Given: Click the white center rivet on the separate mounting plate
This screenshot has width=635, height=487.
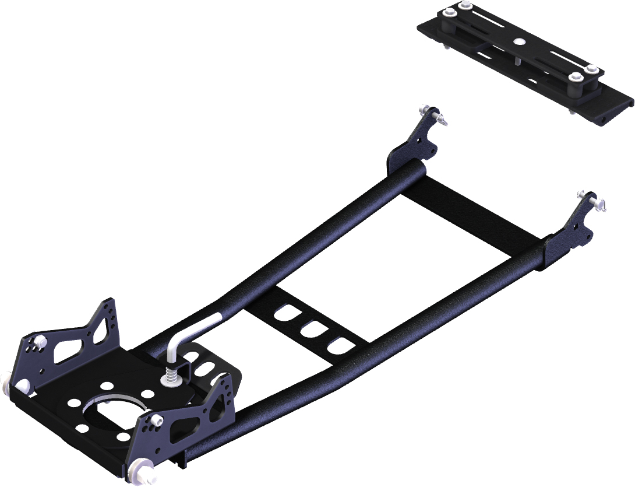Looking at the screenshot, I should pos(518,41).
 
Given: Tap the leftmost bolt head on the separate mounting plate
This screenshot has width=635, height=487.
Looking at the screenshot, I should pos(449,13).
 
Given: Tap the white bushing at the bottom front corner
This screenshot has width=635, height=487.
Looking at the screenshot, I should pos(140,469).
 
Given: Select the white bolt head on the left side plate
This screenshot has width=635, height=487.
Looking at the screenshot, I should pos(41,341).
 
